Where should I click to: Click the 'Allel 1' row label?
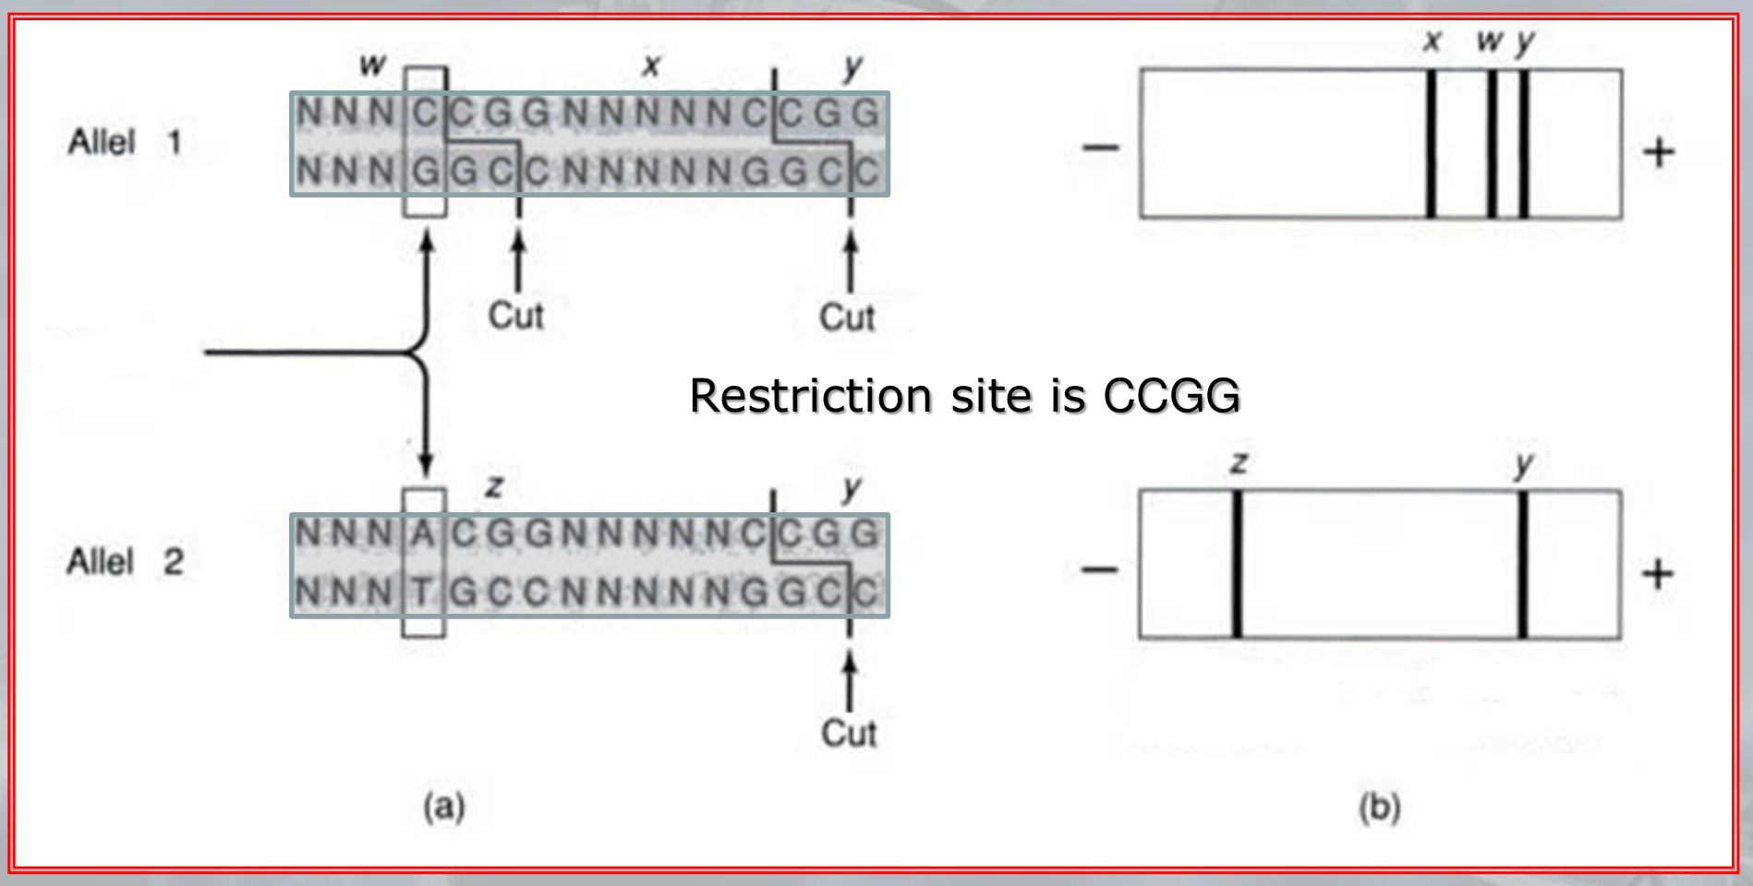[125, 142]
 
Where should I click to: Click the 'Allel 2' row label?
[125, 561]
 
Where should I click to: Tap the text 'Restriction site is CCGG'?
[964, 396]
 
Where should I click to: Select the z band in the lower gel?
[1237, 565]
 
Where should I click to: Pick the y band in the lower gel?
[1522, 565]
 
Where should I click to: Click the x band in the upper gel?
[1431, 144]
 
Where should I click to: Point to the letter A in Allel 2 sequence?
[423, 533]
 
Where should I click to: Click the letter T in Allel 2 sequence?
[423, 592]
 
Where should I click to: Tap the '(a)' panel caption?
[444, 807]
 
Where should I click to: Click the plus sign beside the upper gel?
[1659, 152]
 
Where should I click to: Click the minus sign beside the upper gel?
[1100, 148]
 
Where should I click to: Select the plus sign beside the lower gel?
[1658, 574]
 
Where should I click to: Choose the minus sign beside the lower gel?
[1099, 569]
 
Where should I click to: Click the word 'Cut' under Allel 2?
[849, 734]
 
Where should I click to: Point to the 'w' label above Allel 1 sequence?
[372, 66]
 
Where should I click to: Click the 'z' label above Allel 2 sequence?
[495, 485]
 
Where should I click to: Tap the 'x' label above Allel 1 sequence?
[652, 66]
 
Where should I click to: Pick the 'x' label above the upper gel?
[1432, 41]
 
